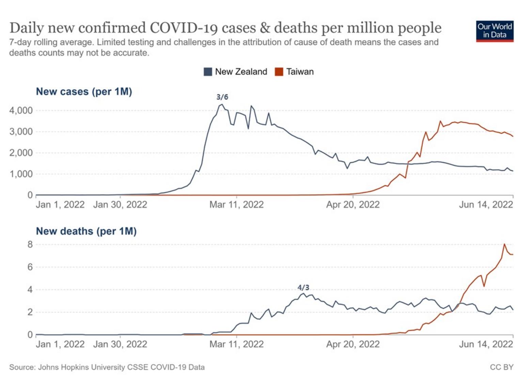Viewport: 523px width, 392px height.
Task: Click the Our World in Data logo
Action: pyautogui.click(x=494, y=31)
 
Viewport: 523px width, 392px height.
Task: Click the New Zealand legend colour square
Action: pyautogui.click(x=208, y=72)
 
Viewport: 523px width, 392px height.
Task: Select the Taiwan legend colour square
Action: pyautogui.click(x=279, y=72)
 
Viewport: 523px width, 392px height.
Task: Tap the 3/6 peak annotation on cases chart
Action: pyautogui.click(x=222, y=97)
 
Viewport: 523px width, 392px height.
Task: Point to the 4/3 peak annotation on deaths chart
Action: pyautogui.click(x=303, y=288)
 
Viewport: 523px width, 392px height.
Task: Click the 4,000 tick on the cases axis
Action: pyautogui.click(x=21, y=110)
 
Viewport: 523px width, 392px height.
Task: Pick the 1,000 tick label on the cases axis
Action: pyautogui.click(x=21, y=174)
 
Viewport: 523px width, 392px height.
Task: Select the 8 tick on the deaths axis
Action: pyautogui.click(x=30, y=244)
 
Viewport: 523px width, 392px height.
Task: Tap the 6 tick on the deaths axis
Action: pyautogui.click(x=30, y=267)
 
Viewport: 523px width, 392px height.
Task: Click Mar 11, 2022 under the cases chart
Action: pyautogui.click(x=236, y=205)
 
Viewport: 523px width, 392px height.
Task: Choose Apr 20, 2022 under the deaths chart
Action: pyautogui.click(x=353, y=344)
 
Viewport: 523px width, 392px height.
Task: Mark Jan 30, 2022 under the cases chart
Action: pyautogui.click(x=120, y=205)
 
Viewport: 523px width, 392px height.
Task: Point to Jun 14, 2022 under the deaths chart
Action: pyautogui.click(x=486, y=344)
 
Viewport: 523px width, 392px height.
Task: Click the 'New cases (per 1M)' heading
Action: pyautogui.click(x=84, y=92)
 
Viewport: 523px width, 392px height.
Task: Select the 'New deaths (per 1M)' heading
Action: pyautogui.click(x=86, y=231)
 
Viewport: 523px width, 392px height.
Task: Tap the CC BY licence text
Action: pyautogui.click(x=501, y=367)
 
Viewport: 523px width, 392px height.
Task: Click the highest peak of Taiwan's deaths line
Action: pyautogui.click(x=504, y=244)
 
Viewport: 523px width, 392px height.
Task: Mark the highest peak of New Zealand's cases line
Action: pyautogui.click(x=222, y=104)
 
